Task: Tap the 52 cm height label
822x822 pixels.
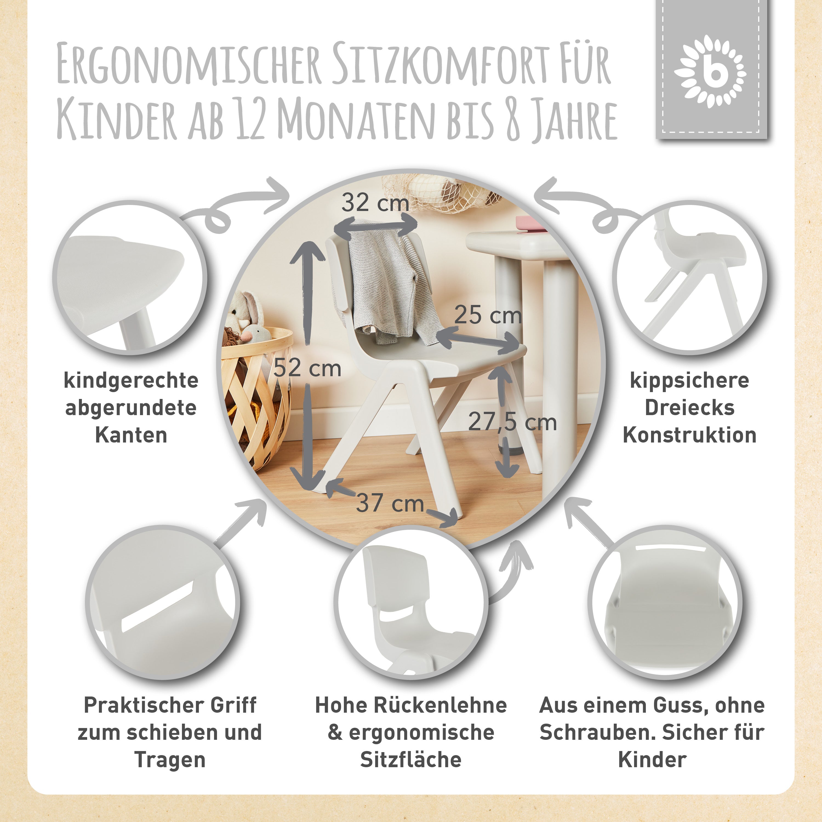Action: point(307,368)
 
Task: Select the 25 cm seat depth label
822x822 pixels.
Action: point(488,315)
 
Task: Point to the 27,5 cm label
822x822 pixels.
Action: point(512,422)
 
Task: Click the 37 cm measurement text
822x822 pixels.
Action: point(390,503)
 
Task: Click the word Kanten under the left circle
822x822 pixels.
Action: point(131,435)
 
